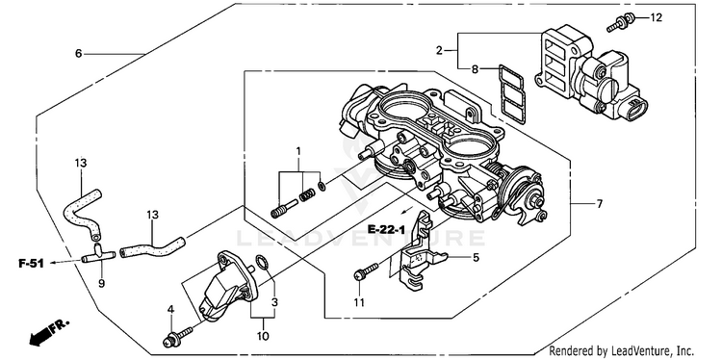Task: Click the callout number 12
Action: click(657, 17)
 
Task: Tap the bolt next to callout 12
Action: click(621, 22)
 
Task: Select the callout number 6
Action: click(78, 54)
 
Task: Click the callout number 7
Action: click(599, 203)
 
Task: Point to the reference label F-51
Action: click(31, 264)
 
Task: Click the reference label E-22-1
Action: click(386, 229)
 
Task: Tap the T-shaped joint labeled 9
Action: click(98, 255)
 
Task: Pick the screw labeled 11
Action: click(367, 271)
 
